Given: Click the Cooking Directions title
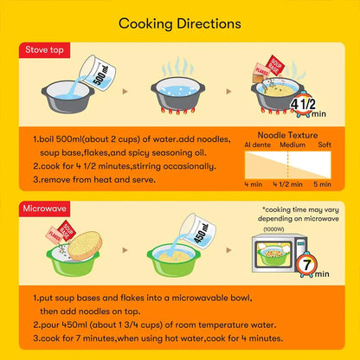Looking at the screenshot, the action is [180, 24].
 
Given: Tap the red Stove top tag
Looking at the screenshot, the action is [44, 50].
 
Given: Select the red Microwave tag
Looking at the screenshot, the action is [44, 209].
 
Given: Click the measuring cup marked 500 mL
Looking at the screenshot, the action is [98, 73].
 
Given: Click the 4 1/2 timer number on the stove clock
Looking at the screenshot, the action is [303, 104].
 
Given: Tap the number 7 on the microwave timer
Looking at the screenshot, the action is [306, 264].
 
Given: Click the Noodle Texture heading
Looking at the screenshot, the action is [287, 135].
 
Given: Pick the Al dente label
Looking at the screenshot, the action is [257, 145].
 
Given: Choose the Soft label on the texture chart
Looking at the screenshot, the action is [325, 145].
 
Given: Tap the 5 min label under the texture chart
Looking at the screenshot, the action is [322, 184].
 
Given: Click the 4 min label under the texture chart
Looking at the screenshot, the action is [254, 184].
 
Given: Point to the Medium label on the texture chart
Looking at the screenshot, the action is [292, 145].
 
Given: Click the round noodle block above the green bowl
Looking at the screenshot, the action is [85, 246].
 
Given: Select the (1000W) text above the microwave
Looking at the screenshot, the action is [273, 229].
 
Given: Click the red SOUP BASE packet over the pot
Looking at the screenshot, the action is [274, 66].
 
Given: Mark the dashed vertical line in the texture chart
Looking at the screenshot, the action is [288, 165].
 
